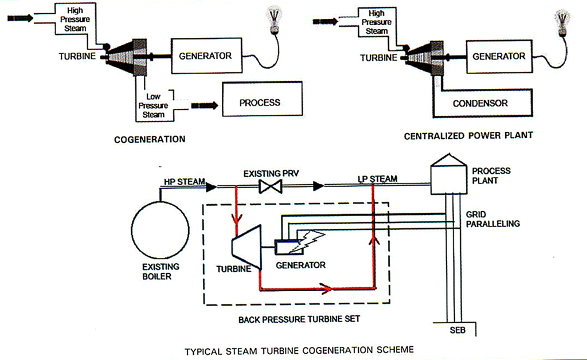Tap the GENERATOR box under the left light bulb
[205, 56]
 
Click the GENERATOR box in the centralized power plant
[499, 56]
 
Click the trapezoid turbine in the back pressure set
[246, 246]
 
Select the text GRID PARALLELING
[492, 218]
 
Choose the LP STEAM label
[377, 179]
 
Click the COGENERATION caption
[150, 139]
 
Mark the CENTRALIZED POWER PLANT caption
[468, 136]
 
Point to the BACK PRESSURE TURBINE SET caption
[299, 319]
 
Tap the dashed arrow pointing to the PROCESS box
[205, 105]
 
